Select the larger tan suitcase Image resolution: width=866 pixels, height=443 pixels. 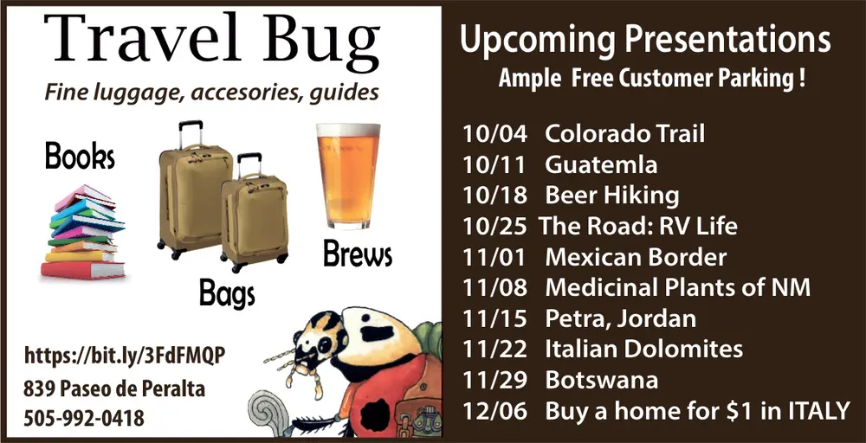click(195, 197)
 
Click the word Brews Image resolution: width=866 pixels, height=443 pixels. click(357, 254)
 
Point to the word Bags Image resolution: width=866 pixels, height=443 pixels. click(227, 294)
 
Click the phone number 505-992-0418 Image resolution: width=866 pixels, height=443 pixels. click(84, 419)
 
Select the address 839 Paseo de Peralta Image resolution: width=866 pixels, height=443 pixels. click(114, 388)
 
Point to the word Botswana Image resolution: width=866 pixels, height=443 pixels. click(601, 380)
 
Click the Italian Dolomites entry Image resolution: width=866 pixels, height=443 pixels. click(643, 349)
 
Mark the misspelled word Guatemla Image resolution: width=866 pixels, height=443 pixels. click(601, 164)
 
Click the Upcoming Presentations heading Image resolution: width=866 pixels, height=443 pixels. click(645, 40)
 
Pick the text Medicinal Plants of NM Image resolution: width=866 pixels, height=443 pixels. click(677, 287)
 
